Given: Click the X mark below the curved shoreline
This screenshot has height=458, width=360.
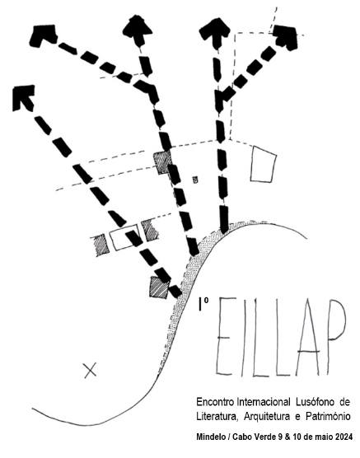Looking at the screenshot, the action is click(90, 371).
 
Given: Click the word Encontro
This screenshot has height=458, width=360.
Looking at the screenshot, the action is click(214, 402).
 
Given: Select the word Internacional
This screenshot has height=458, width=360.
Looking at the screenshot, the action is click(264, 402).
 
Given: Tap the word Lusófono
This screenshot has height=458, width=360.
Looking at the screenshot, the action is click(315, 402).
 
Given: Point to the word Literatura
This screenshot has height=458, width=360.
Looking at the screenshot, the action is click(216, 416).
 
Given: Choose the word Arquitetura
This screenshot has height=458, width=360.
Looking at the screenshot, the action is click(268, 417).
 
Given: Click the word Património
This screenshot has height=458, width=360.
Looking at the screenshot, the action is click(328, 416).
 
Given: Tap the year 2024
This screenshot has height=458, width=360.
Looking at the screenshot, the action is click(344, 437).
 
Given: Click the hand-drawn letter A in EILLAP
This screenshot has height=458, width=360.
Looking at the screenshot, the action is click(308, 339).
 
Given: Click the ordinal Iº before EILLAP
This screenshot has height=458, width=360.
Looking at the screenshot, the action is click(203, 304).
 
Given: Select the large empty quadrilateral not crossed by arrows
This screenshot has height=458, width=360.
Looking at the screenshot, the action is click(263, 164).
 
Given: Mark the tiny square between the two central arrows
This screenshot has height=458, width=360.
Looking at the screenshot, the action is click(195, 180).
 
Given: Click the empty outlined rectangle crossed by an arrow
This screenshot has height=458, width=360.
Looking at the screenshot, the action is click(124, 237).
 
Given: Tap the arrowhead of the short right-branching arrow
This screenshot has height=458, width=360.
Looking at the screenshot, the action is click(285, 37).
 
